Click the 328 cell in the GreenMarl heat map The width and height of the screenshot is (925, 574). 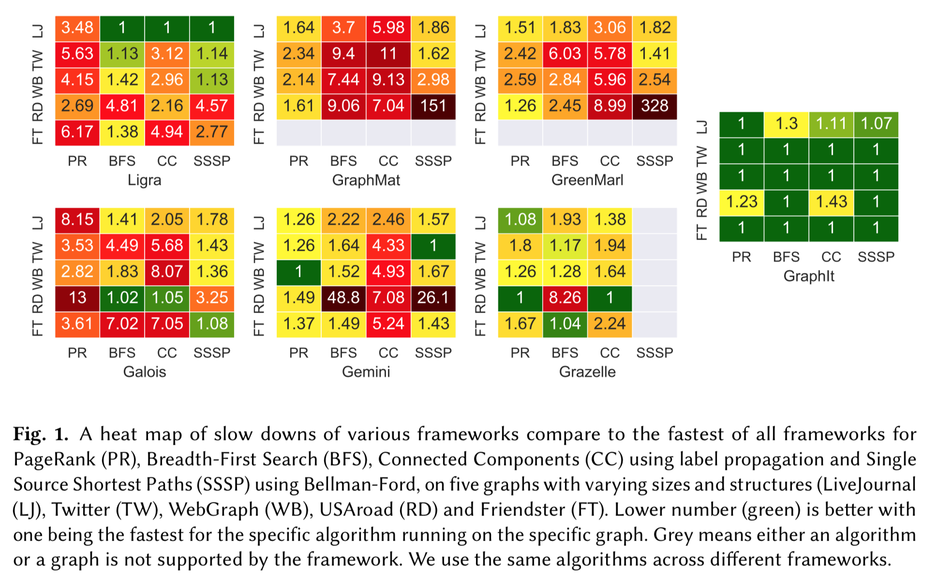coord(654,106)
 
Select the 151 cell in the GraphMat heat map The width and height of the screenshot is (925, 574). coord(433,106)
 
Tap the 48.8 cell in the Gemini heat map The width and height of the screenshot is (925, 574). coord(343,298)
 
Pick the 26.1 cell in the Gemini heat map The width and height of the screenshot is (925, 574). coord(433,298)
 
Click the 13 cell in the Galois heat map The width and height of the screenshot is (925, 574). coord(77,298)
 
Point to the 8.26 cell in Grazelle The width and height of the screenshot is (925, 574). coord(565,298)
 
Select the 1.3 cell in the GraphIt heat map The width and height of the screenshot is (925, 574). coord(786,124)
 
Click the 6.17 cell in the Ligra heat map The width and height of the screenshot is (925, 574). coord(77,132)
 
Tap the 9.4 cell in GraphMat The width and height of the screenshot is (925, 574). coord(343,54)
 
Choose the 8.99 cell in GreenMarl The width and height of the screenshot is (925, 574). coord(610,106)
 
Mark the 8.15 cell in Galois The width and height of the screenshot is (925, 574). coord(77,220)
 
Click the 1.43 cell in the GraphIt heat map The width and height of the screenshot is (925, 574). coord(831,202)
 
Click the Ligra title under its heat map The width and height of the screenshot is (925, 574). coord(144,180)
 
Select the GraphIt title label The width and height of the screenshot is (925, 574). coord(809,276)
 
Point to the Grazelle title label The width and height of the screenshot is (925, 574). coord(587,372)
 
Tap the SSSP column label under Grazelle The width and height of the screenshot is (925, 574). coord(654,353)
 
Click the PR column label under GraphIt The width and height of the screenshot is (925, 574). coord(741,257)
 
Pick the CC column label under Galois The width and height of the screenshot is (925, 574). coord(167,353)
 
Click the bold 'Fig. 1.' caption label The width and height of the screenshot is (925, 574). coord(41,434)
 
